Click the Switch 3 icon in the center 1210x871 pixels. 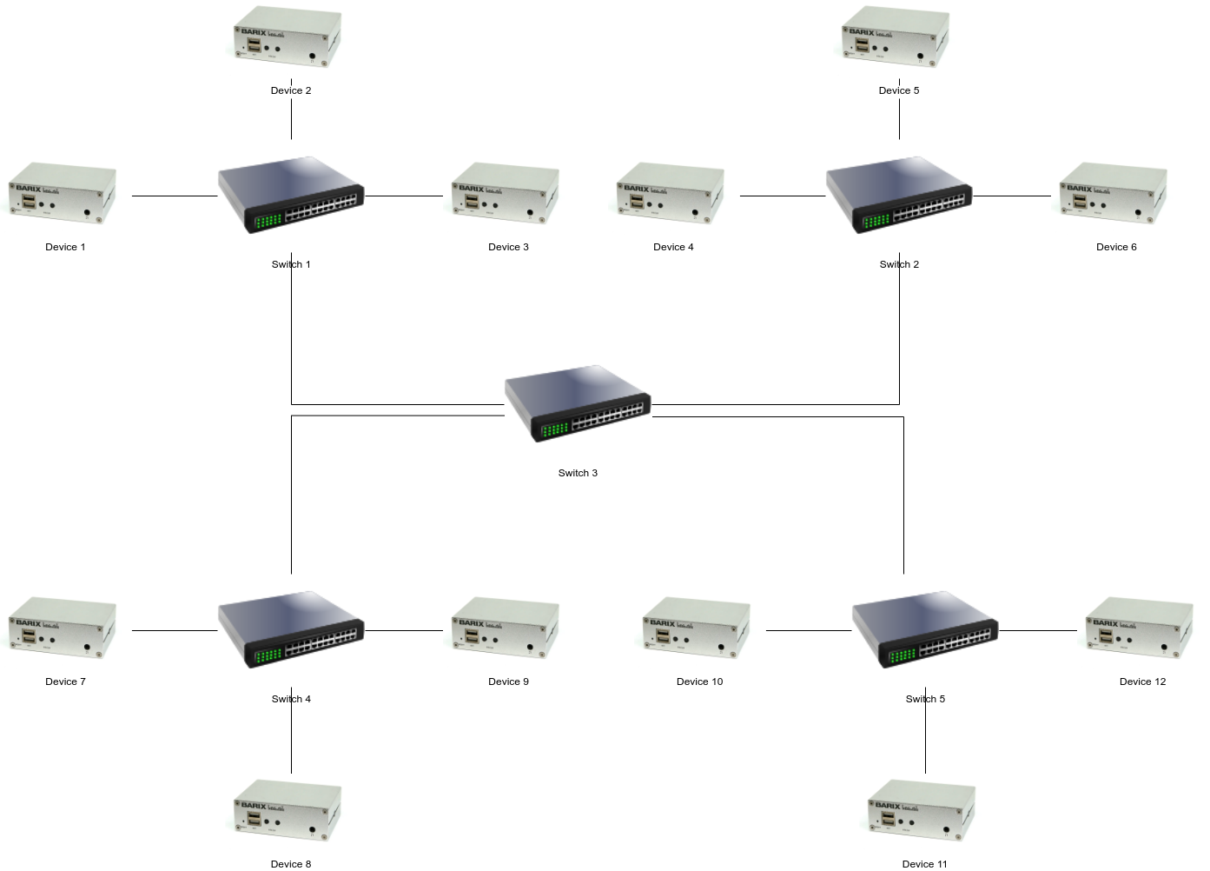point(578,404)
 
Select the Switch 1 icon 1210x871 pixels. point(291,196)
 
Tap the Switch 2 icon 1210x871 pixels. point(899,196)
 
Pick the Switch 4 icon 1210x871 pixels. point(291,630)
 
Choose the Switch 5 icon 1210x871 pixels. point(925,630)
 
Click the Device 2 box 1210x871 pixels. point(288,37)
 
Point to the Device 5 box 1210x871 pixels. point(896,37)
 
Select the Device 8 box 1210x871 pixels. point(288,810)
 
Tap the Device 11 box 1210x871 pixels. point(922,810)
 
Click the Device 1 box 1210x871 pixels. point(63,193)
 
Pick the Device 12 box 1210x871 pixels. point(1140,628)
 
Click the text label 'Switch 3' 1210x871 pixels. point(578,473)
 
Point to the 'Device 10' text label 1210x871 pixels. point(699,682)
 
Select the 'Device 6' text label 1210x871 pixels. point(1116,247)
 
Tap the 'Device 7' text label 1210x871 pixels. point(65,682)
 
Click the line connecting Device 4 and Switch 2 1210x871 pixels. point(782,196)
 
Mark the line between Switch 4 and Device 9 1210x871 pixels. point(404,630)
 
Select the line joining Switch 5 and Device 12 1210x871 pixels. point(1038,630)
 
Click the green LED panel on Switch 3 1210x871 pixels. point(554,429)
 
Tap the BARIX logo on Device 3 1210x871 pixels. point(472,188)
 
